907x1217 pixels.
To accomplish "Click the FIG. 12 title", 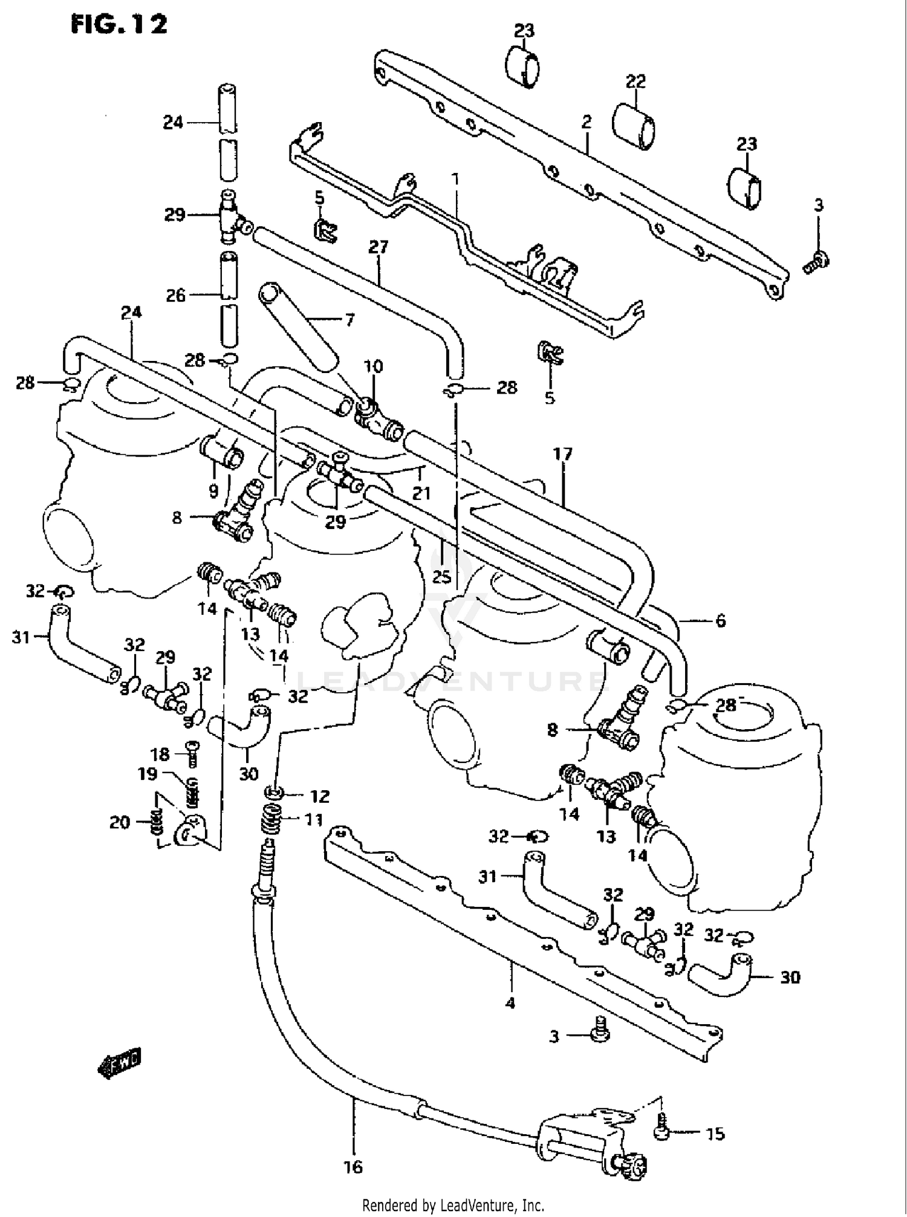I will tap(119, 25).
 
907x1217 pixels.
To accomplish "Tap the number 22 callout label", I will tap(636, 81).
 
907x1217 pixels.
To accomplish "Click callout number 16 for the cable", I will tap(353, 1167).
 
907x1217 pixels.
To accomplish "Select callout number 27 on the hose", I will tap(378, 247).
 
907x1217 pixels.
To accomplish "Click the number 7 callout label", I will tap(349, 319).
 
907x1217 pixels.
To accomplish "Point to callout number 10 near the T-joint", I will tap(373, 366).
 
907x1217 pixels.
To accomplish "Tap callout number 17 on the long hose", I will tap(562, 453).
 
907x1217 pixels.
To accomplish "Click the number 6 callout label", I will tap(720, 620).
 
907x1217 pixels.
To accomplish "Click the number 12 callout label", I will tap(320, 796).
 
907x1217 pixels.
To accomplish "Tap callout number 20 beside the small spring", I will tap(120, 822).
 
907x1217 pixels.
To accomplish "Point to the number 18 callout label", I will tap(160, 754).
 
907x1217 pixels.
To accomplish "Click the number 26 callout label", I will tap(176, 295).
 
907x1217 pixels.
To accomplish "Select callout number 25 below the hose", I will tap(442, 577).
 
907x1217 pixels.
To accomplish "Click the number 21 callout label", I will tap(421, 493).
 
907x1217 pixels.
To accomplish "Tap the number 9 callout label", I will tap(213, 492).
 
